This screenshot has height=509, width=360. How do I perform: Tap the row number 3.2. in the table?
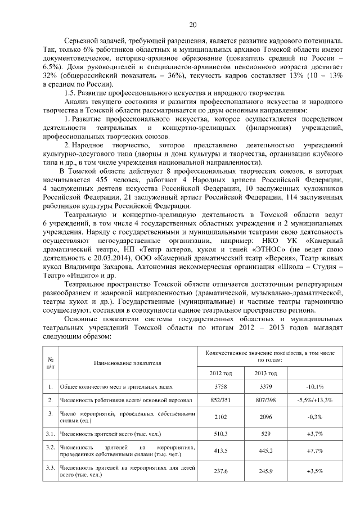pyautogui.click(x=51, y=447)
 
